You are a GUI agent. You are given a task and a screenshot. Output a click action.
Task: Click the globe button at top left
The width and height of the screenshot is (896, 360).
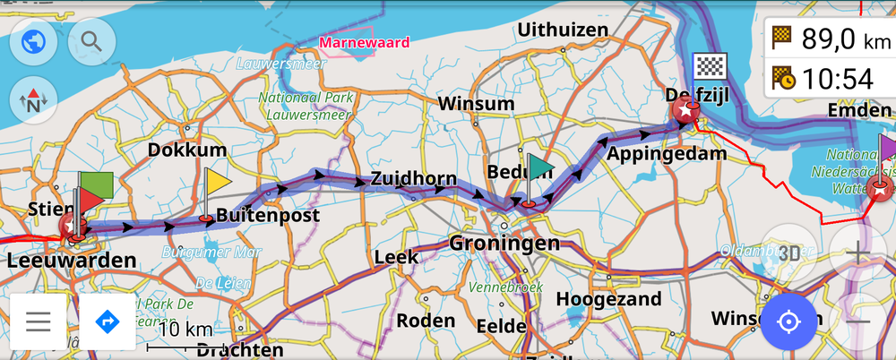32,41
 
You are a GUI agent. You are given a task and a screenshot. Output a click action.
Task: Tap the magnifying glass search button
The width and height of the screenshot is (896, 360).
90,41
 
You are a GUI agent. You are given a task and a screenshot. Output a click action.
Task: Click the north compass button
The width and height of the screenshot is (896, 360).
32,100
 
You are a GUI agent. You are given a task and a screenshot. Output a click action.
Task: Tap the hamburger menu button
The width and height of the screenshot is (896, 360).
38,321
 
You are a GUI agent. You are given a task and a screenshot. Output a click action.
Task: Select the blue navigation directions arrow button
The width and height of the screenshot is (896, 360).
108,321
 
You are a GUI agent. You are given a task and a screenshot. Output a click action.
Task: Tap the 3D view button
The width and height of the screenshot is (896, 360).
788,253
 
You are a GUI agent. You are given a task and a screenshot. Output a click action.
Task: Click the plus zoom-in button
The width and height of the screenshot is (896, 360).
857,253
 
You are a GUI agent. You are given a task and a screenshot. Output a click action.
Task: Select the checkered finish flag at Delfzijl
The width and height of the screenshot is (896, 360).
710,67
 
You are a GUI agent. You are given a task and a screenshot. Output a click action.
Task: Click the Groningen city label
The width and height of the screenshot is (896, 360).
504,244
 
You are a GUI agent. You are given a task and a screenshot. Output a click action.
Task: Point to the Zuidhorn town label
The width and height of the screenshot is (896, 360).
413,178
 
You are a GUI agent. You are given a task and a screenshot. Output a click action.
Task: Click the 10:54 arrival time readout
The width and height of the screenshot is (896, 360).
837,79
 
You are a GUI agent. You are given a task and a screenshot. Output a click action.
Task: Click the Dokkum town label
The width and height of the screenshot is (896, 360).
186,150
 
